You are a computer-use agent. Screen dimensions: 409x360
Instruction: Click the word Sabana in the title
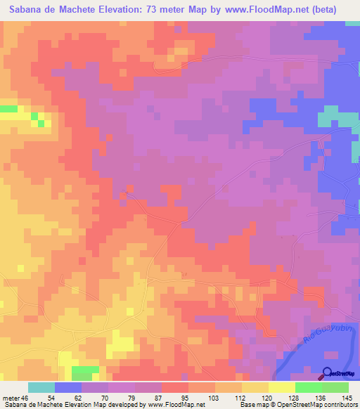click(29, 10)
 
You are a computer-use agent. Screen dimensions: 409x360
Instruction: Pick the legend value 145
click(348, 398)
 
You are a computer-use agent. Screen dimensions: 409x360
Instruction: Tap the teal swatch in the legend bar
click(41, 387)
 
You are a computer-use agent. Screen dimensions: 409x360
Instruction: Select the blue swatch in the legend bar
click(68, 387)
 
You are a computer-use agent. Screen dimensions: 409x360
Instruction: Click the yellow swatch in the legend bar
click(282, 387)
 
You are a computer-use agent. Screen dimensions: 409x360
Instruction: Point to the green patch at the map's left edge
click(8, 109)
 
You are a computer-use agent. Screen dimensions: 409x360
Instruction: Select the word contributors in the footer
click(335, 405)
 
